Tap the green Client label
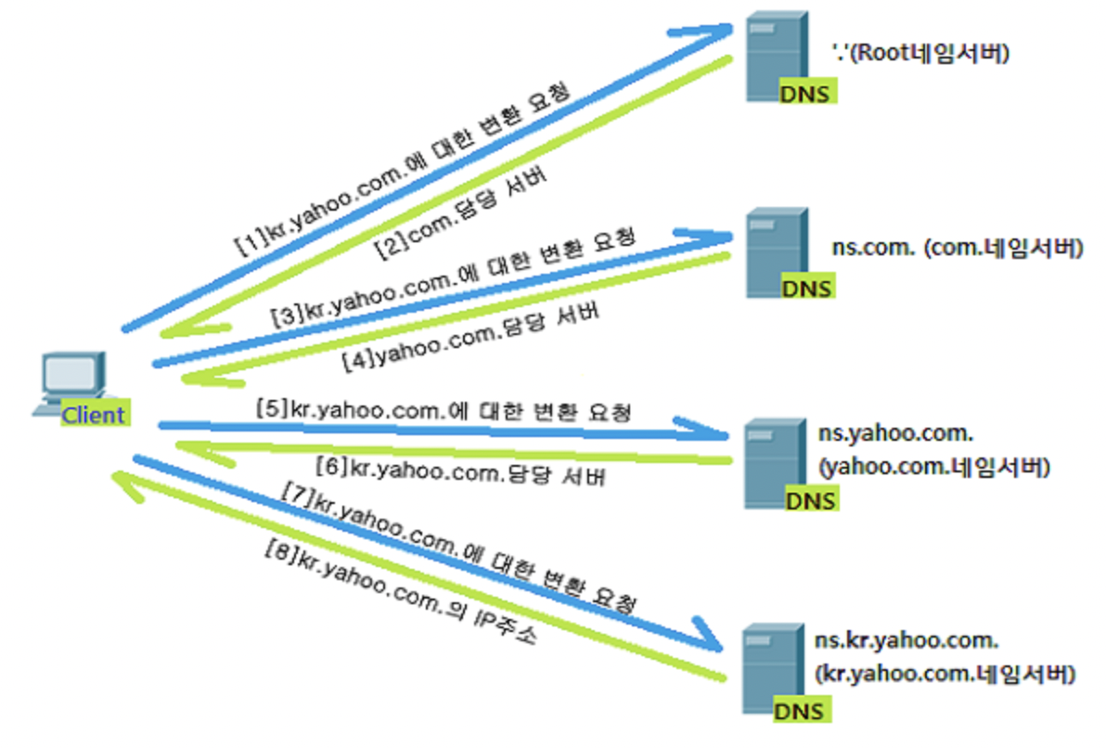pos(93,414)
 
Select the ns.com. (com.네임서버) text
pos(957,249)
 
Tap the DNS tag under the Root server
pos(806,94)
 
